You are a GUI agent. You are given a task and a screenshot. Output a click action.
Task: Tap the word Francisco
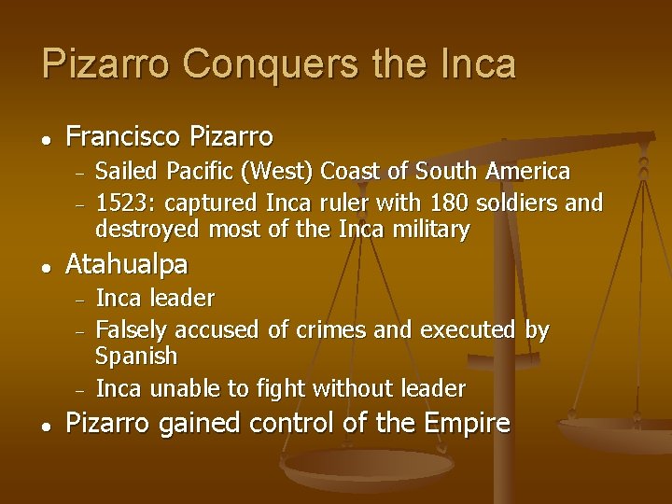[x=123, y=138]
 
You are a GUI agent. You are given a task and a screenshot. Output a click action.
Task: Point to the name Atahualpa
[x=126, y=265]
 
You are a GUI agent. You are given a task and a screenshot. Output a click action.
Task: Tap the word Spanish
[x=136, y=357]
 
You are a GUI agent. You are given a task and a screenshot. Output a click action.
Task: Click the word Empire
[x=467, y=423]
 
